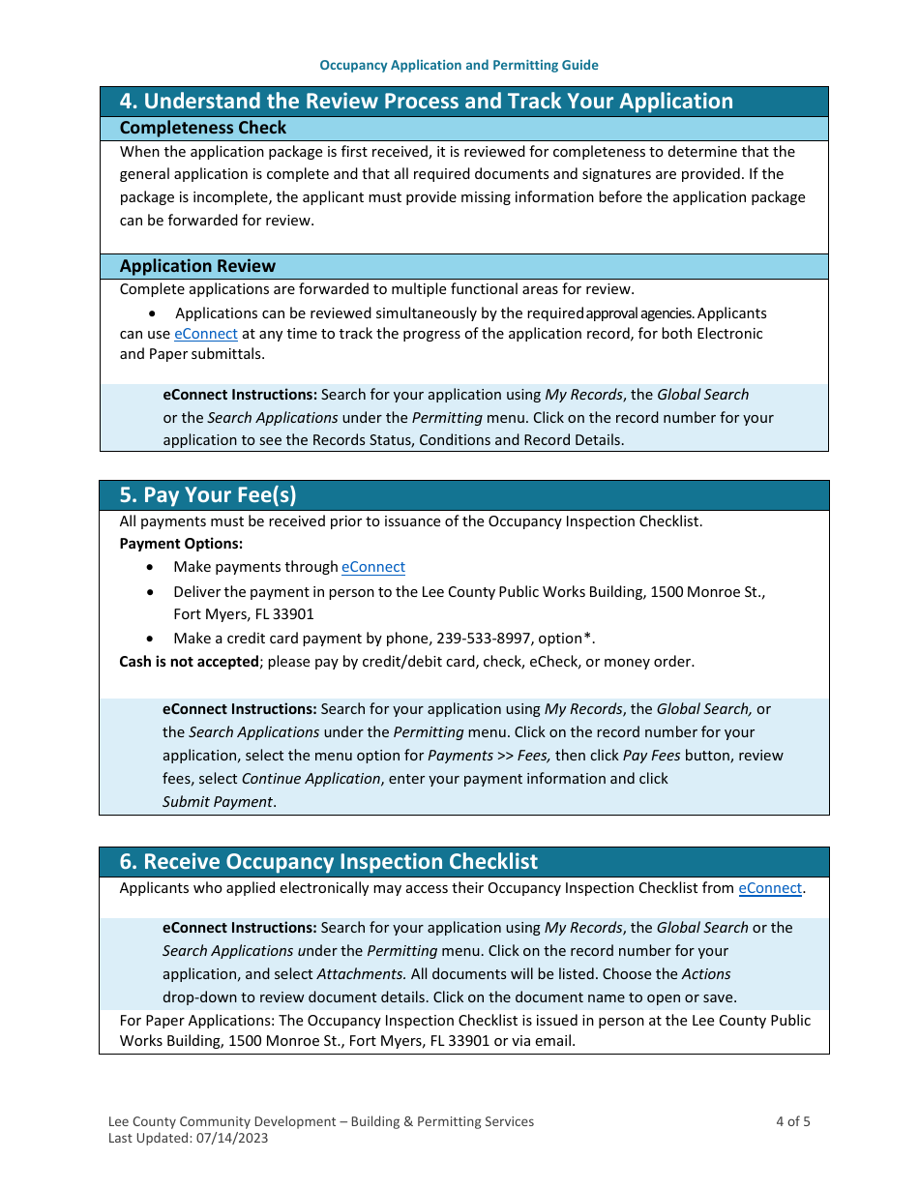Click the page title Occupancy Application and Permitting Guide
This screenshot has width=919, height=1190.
[459, 65]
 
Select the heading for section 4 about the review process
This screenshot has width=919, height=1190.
[426, 102]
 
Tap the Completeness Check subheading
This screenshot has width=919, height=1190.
[203, 128]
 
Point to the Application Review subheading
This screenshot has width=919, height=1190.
[197, 266]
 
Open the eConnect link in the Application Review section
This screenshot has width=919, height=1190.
[205, 334]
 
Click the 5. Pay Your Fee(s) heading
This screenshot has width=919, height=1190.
[208, 495]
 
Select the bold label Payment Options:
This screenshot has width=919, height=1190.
[181, 544]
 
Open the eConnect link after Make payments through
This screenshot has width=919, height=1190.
[372, 567]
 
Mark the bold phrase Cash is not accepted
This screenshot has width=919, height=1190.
[189, 662]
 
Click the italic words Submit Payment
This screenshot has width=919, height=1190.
[217, 802]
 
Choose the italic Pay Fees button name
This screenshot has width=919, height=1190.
[651, 756]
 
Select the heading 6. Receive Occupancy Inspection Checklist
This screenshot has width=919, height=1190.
[329, 862]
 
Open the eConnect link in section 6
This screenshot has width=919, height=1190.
[770, 888]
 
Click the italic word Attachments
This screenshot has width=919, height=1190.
[362, 974]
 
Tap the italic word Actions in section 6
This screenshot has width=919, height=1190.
[705, 974]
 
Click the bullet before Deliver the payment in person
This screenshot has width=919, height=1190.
[150, 591]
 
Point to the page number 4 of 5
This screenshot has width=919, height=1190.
[792, 1121]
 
